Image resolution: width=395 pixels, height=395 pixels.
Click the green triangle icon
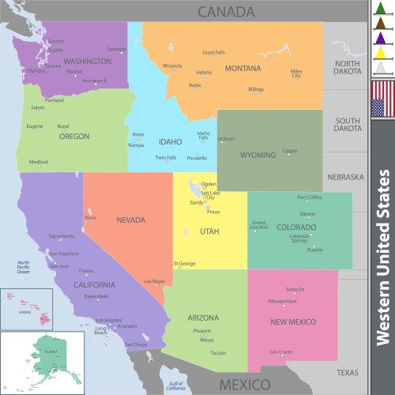tap(382, 9)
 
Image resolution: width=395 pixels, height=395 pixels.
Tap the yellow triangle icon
tap(382, 53)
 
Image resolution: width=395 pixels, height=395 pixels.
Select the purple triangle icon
tap(382, 38)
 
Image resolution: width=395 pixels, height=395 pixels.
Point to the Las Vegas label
tap(155, 281)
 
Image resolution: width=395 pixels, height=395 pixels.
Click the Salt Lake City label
tap(210, 195)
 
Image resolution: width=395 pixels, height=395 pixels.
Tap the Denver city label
tap(308, 214)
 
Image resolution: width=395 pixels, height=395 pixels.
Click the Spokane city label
tap(116, 49)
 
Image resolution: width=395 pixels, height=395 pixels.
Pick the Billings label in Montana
tap(256, 89)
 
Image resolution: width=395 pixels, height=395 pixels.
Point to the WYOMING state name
tap(258, 155)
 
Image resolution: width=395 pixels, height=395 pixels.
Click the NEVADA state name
tap(132, 220)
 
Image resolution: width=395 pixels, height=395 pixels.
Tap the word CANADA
tap(226, 11)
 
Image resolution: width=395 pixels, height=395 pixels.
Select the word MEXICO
tap(244, 385)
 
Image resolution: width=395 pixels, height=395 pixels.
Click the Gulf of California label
tap(175, 386)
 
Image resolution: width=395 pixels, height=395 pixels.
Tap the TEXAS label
tap(347, 372)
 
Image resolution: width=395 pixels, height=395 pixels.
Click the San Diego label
tap(137, 344)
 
